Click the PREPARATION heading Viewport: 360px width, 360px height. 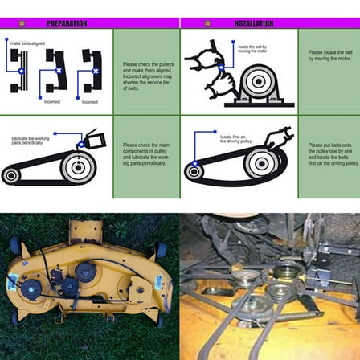pyautogui.click(x=67, y=24)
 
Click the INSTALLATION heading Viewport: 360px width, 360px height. pyautogui.click(x=254, y=24)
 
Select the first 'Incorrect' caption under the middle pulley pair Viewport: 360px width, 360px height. pyautogui.click(x=52, y=102)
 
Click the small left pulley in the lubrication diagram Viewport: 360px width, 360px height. pyautogui.click(x=11, y=175)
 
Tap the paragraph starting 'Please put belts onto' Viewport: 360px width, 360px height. pyautogui.click(x=327, y=153)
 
